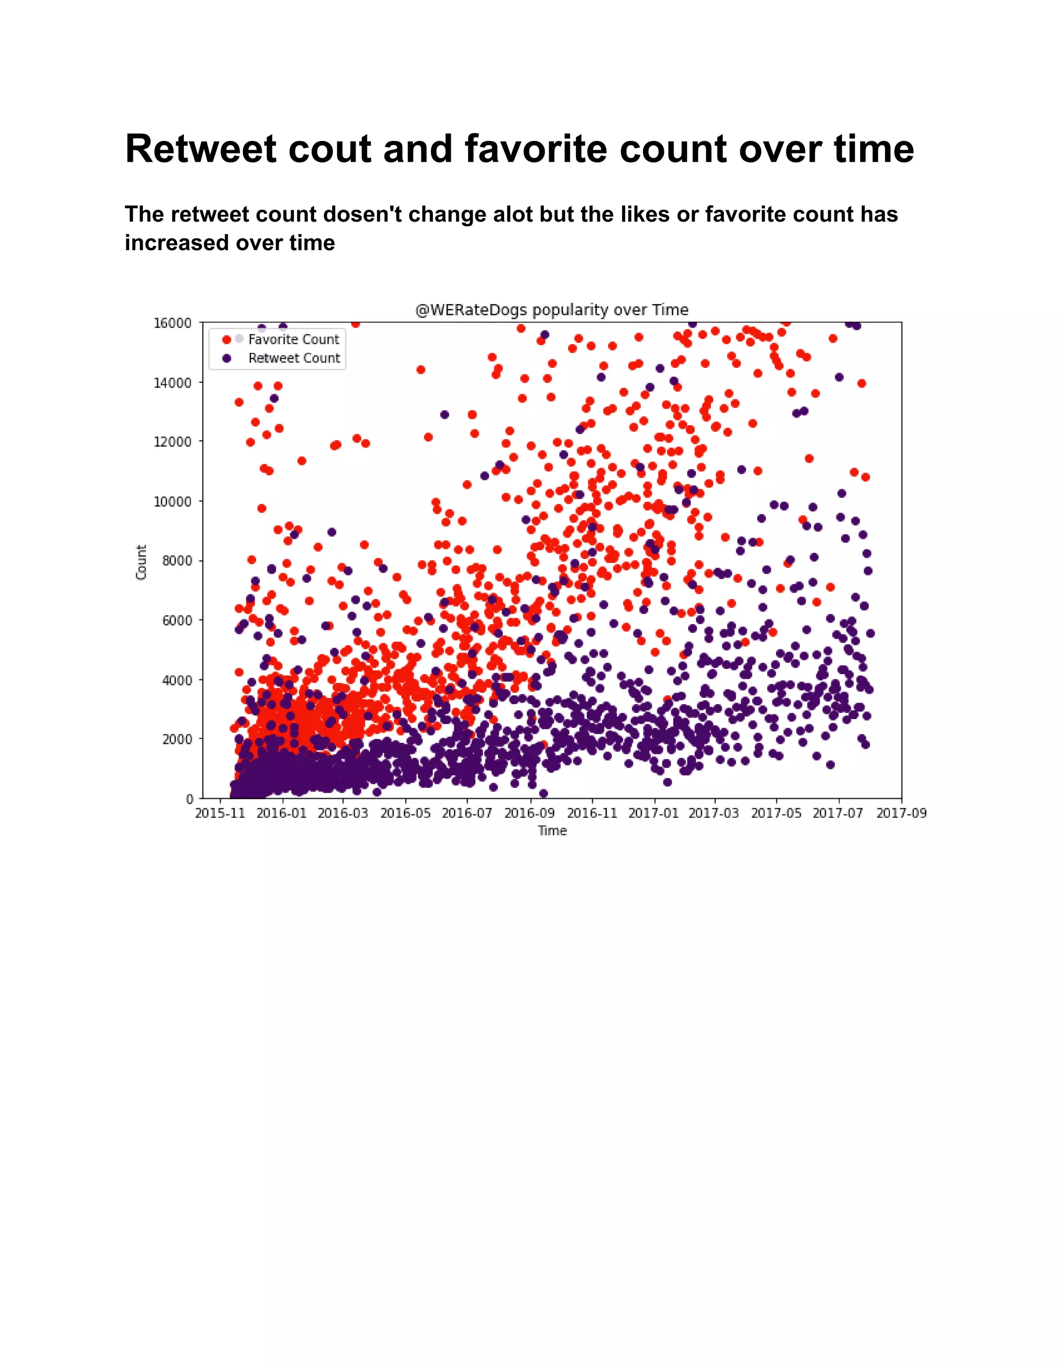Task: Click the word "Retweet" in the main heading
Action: [x=200, y=149]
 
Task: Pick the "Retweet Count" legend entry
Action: [x=294, y=358]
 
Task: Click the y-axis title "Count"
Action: [x=141, y=562]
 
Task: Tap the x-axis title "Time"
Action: [x=552, y=831]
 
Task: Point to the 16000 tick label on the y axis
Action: [x=173, y=323]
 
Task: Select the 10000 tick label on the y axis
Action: [x=173, y=502]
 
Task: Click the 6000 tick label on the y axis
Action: [x=177, y=620]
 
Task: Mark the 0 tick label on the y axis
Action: [x=189, y=799]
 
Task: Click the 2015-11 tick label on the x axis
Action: [x=220, y=813]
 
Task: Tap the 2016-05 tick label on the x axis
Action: [x=406, y=813]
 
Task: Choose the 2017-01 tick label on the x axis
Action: [x=653, y=813]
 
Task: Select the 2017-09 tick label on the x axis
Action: [x=901, y=813]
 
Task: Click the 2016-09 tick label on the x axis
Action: [x=530, y=813]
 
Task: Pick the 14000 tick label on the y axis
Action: [x=173, y=382]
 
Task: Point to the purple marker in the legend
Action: [x=227, y=359]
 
